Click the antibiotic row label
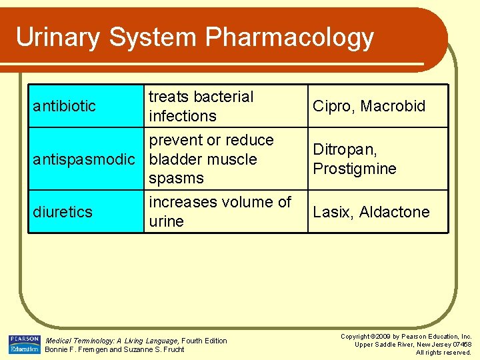click(64, 106)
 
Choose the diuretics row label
click(63, 212)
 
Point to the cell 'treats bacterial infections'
click(201, 106)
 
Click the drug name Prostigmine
click(355, 169)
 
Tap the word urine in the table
click(167, 221)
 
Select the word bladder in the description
click(175, 159)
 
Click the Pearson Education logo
click(24, 345)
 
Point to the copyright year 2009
click(385, 337)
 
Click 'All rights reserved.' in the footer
click(443, 352)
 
